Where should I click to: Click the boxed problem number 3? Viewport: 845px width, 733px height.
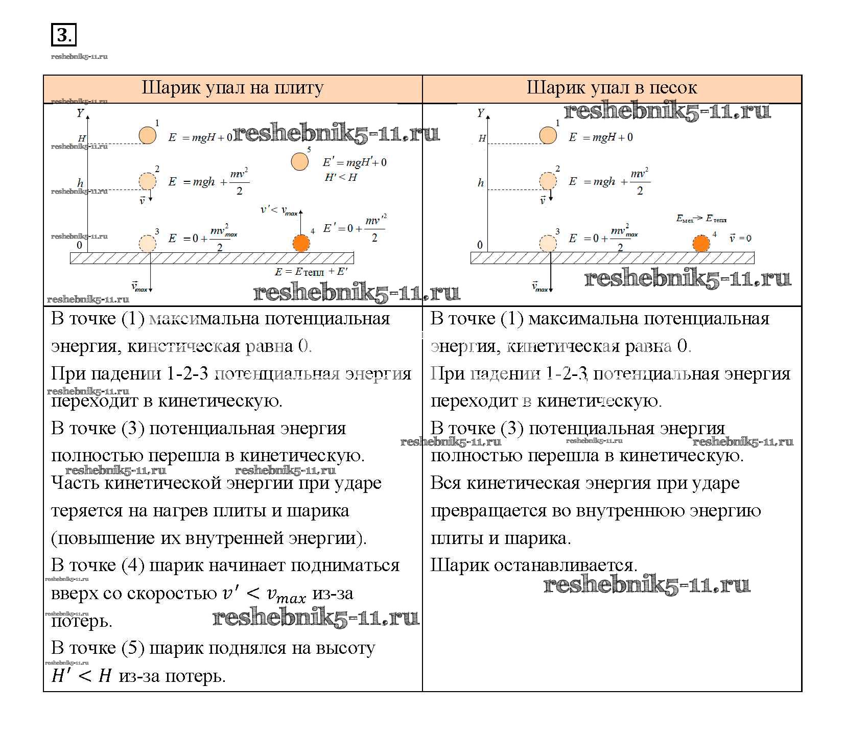[63, 35]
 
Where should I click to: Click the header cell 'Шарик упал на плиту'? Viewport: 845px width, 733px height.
[232, 88]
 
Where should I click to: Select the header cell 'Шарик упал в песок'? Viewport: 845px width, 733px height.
[612, 88]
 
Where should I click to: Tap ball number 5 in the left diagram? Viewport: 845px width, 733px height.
[300, 161]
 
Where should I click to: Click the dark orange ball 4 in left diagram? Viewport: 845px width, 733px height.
[301, 243]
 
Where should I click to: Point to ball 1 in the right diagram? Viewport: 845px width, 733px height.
[548, 135]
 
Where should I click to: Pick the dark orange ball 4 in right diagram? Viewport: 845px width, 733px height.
[701, 243]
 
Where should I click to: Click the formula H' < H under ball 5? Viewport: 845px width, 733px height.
[341, 178]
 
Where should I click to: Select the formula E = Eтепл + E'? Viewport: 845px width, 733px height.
[311, 272]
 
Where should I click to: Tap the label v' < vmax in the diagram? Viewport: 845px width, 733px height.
[278, 210]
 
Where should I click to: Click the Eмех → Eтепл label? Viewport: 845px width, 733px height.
[701, 219]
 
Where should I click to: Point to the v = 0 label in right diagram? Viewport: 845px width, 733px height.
[740, 238]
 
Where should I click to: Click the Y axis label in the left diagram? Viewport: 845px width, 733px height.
[80, 113]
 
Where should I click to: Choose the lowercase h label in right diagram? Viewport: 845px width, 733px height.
[481, 183]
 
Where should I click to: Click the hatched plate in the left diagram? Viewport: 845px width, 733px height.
[212, 258]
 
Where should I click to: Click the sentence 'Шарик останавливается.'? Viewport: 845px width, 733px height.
[534, 565]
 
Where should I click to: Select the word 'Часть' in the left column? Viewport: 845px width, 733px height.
[75, 483]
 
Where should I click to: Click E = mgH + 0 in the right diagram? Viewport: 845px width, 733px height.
[601, 137]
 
